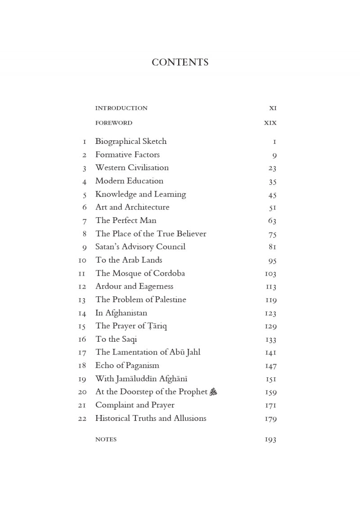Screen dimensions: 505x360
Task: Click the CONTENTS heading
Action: [x=180, y=63]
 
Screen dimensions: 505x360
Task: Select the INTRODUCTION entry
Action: [x=121, y=108]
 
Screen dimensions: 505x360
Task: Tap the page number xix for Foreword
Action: [x=270, y=123]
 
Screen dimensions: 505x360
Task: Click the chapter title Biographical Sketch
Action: [x=131, y=141]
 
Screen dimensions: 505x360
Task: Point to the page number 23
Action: [x=272, y=168]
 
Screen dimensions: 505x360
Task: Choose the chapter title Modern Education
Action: [x=129, y=181]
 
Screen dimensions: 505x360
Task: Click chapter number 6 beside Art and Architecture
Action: [x=84, y=207]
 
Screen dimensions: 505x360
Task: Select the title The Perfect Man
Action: [x=126, y=220]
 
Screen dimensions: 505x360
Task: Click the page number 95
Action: [x=272, y=260]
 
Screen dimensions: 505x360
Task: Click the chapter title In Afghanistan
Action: [x=121, y=313]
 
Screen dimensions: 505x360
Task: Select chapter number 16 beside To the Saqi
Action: [x=82, y=339]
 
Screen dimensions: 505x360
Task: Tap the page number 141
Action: [x=271, y=353]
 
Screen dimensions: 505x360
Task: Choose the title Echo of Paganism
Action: [x=127, y=365]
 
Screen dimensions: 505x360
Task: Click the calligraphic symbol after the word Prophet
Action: [x=213, y=392]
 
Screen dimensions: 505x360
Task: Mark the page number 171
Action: [x=271, y=405]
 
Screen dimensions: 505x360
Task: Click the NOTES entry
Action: [x=106, y=439]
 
